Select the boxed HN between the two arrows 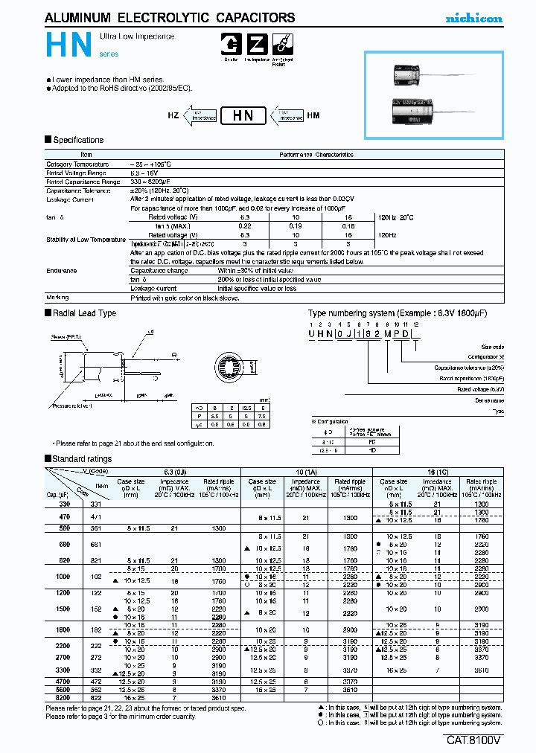(x=243, y=116)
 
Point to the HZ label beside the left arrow (x=173, y=116)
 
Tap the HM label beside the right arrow (x=313, y=116)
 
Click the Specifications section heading (x=78, y=140)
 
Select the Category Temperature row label (x=77, y=164)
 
